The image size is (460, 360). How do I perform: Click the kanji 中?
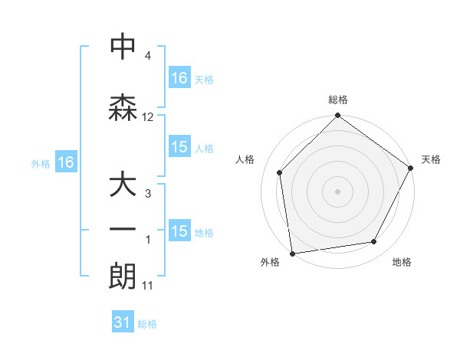point(123,47)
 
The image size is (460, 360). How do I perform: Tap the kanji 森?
point(123,107)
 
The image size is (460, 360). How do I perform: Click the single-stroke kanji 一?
point(123,230)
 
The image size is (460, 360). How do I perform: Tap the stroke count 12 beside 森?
point(148,117)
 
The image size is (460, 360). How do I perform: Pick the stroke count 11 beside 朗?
point(148,286)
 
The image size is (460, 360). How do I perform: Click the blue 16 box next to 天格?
point(179,77)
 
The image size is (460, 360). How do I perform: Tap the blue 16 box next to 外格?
point(65,162)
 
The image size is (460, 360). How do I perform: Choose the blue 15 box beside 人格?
point(179,147)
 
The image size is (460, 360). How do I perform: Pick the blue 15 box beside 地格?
point(179,231)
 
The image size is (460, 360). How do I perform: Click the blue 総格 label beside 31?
point(147,324)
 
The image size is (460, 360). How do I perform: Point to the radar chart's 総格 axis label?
point(337,100)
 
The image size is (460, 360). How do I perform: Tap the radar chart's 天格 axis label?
point(431,159)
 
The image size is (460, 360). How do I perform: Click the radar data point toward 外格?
point(292,252)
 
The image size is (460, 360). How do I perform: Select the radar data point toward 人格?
point(280,172)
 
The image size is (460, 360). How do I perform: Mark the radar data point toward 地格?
point(374,241)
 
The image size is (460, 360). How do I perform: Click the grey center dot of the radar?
point(337,191)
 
